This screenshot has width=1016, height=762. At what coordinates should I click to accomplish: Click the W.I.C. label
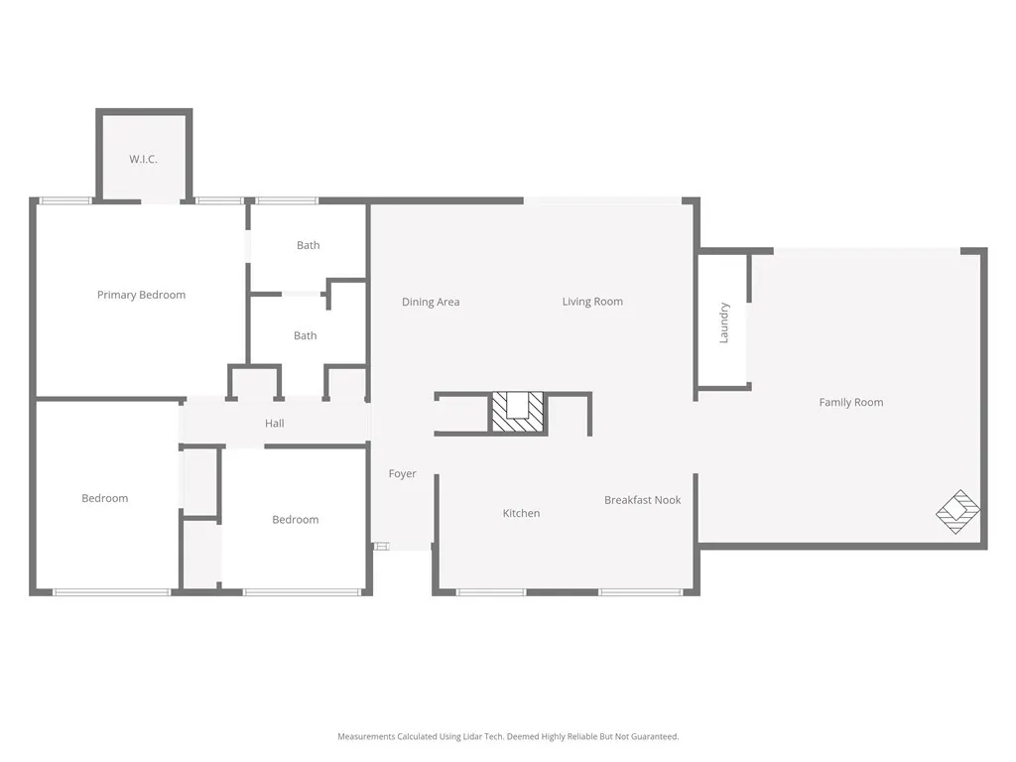[143, 159]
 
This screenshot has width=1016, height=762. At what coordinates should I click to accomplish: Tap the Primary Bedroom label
[141, 295]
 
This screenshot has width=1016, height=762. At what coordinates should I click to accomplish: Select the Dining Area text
[431, 302]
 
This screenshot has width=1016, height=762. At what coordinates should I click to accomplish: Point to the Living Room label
[592, 302]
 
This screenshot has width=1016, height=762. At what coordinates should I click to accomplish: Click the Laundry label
[724, 322]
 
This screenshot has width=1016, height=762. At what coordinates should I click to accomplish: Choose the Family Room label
[850, 402]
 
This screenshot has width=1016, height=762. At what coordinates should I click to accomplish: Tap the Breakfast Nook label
[642, 500]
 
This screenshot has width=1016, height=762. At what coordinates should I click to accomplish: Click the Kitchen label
[521, 513]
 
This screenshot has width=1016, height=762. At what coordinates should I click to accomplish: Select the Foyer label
[402, 474]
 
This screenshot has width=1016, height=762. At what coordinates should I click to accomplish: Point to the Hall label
[275, 424]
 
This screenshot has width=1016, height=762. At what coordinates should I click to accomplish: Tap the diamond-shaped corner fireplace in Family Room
[958, 512]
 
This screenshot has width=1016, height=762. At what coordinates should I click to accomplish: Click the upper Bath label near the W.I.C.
[309, 245]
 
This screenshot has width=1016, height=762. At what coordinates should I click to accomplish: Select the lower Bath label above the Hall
[306, 335]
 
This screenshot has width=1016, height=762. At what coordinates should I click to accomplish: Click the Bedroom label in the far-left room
[105, 498]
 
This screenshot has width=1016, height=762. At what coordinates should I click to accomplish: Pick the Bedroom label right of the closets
[296, 520]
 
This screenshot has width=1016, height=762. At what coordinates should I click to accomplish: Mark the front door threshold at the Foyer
[382, 545]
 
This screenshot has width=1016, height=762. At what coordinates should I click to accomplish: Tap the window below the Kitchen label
[491, 592]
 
